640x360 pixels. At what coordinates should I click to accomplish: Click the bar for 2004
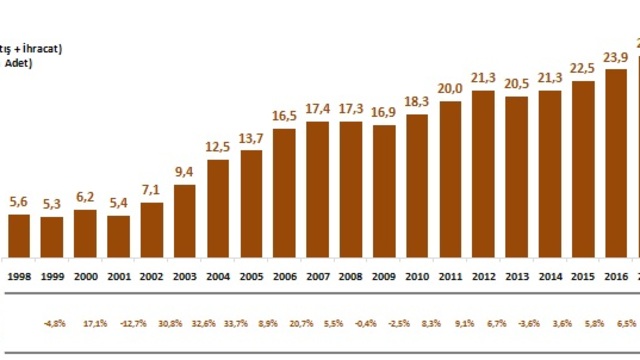point(218,207)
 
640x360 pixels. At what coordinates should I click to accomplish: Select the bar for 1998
point(19,235)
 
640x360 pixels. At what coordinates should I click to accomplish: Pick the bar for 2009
point(383,190)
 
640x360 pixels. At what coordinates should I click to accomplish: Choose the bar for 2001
point(119,236)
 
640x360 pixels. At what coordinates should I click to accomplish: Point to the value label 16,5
point(284,116)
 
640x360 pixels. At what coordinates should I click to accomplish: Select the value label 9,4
point(185,171)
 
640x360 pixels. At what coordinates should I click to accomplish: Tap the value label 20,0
point(450,89)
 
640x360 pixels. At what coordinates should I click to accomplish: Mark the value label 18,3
point(417,102)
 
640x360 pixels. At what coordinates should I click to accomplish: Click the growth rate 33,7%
point(251,324)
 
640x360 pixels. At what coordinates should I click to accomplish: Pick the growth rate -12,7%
point(119,324)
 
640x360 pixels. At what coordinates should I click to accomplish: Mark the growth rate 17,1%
point(86,324)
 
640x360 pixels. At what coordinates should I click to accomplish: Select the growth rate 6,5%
point(616,324)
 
